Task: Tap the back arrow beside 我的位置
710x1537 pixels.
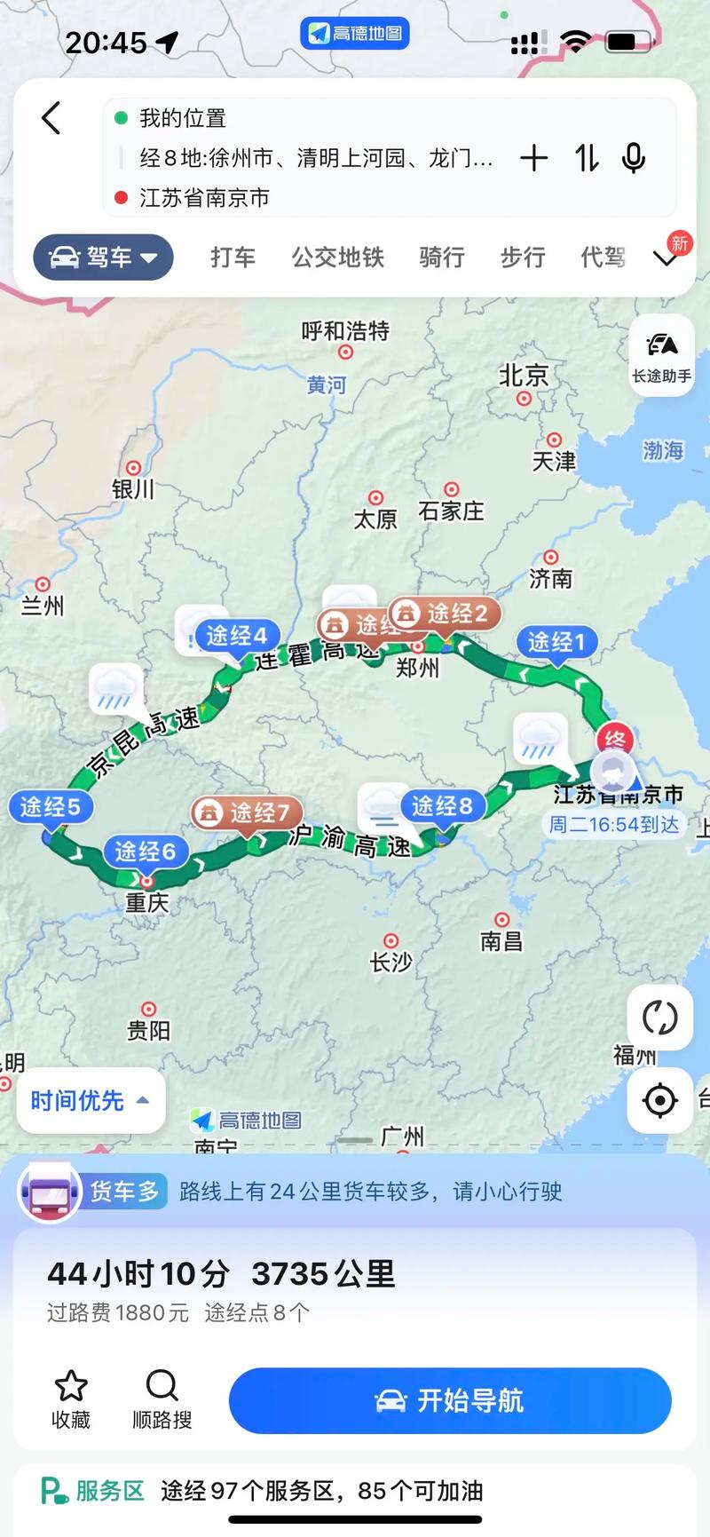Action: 51,118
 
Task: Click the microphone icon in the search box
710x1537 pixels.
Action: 633,158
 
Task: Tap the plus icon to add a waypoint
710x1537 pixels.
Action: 533,158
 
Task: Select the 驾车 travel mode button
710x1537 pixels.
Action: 103,257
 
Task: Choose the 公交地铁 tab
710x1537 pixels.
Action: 337,257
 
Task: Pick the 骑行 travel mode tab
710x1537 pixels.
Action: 441,257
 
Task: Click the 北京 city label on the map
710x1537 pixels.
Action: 524,376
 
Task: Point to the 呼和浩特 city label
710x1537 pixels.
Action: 345,331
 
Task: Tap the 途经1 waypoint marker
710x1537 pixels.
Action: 556,641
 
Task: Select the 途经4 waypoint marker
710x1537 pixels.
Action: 236,635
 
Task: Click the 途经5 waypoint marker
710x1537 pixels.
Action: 51,806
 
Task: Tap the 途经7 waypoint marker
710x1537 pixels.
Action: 248,812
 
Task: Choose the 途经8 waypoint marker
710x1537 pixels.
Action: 442,805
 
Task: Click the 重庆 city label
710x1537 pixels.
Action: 146,902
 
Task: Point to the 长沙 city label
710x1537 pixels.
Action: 390,962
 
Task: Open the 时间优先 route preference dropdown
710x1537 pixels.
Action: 91,1101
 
